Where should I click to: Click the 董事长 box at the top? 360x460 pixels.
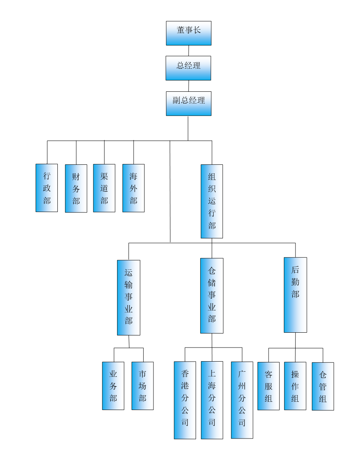coord(189,33)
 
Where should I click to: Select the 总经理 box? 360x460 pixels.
coord(188,68)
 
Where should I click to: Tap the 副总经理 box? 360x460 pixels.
coord(189,103)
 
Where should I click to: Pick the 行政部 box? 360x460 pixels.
coord(46,188)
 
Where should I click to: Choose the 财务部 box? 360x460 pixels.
coord(76,188)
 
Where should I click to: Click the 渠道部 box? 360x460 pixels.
coord(104,188)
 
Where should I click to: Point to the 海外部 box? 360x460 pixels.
coord(134,188)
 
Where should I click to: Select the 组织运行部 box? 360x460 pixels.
coord(212,201)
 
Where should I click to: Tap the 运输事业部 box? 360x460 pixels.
coord(128,298)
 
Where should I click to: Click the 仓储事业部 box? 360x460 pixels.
coord(212,296)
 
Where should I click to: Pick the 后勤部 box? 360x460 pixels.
coord(295,295)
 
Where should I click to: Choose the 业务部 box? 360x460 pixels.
coord(113,386)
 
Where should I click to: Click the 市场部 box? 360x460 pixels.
coord(143,386)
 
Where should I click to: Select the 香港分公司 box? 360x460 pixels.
coord(185,400)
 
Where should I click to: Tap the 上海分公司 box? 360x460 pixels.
coord(212,400)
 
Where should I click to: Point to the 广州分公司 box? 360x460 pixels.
coord(242,400)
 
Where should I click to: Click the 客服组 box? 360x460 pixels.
coord(268,386)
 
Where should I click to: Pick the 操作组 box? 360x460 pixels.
coord(295,386)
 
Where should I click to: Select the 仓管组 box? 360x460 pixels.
coord(323,386)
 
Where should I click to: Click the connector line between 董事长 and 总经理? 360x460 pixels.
coord(189,51)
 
